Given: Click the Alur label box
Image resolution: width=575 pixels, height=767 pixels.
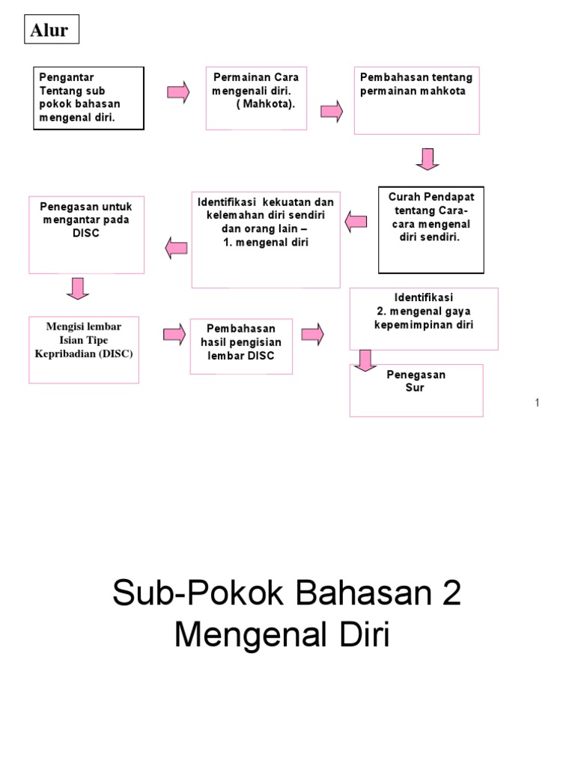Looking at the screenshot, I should coord(49,30).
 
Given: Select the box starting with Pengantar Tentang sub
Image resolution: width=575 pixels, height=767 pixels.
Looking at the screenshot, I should coord(88,98).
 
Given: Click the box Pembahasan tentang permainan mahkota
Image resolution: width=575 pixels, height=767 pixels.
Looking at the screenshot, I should coord(416,100).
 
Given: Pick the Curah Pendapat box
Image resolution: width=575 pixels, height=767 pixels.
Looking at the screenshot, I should coord(431,229).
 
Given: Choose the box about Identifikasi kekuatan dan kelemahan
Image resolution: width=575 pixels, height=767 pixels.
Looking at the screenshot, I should coord(266,239).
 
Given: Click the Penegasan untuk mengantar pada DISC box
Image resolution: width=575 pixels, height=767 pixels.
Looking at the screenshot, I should coord(87,234).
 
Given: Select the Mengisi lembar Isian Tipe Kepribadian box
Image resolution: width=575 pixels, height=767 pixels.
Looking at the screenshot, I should coord(84,349).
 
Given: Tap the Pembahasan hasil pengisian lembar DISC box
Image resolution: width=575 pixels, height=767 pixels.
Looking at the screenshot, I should coord(240,346).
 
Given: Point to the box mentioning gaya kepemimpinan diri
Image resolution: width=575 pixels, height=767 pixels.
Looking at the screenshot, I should coord(424,318).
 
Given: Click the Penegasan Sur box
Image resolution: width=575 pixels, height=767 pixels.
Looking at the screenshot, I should coord(416,389).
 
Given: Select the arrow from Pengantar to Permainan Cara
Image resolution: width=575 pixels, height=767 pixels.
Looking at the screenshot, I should coord(178,93).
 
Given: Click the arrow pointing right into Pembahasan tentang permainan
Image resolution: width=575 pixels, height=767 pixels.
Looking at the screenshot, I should coord(332,112).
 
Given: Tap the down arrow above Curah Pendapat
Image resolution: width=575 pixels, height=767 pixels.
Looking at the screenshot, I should coord(428,159).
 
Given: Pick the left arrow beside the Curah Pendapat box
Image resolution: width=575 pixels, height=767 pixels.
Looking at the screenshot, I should coord(356,220).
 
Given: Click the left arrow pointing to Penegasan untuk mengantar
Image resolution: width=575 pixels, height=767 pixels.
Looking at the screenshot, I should coord(176,248).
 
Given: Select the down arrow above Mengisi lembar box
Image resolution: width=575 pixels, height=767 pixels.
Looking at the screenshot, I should coord(78,288).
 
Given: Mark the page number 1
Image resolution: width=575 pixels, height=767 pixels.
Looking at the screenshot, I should coord(538,403).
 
